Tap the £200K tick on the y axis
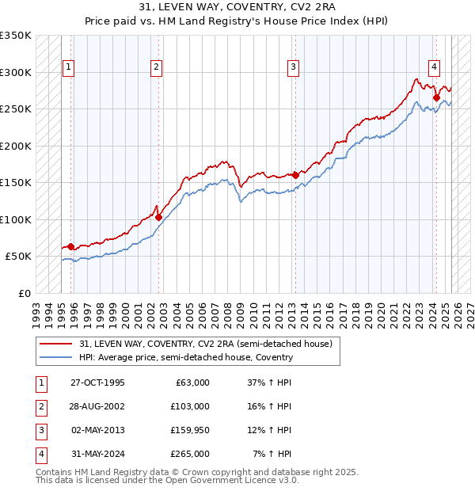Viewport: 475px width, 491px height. pyautogui.click(x=16, y=146)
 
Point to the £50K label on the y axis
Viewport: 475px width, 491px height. pyautogui.click(x=18, y=257)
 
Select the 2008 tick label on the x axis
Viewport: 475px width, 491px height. pyautogui.click(x=228, y=309)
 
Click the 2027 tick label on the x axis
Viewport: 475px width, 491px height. pyautogui.click(x=470, y=309)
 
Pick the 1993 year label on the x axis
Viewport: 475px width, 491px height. pyautogui.click(x=36, y=309)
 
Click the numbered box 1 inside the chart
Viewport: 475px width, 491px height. pyautogui.click(x=69, y=68)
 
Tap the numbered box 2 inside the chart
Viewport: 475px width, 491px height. pyautogui.click(x=157, y=68)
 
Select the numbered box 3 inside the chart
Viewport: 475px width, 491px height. pyautogui.click(x=293, y=68)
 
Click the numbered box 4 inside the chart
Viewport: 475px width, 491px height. pyautogui.click(x=435, y=68)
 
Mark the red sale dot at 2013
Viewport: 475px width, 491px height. pyautogui.click(x=296, y=175)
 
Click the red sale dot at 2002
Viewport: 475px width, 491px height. pyautogui.click(x=159, y=216)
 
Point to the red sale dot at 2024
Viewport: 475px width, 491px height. pyautogui.click(x=436, y=97)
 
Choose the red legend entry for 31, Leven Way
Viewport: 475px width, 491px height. pyautogui.click(x=210, y=344)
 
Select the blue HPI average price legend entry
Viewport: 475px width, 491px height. pyautogui.click(x=186, y=357)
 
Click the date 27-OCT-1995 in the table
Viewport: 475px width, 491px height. pyautogui.click(x=97, y=383)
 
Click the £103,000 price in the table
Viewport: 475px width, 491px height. pyautogui.click(x=190, y=406)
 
